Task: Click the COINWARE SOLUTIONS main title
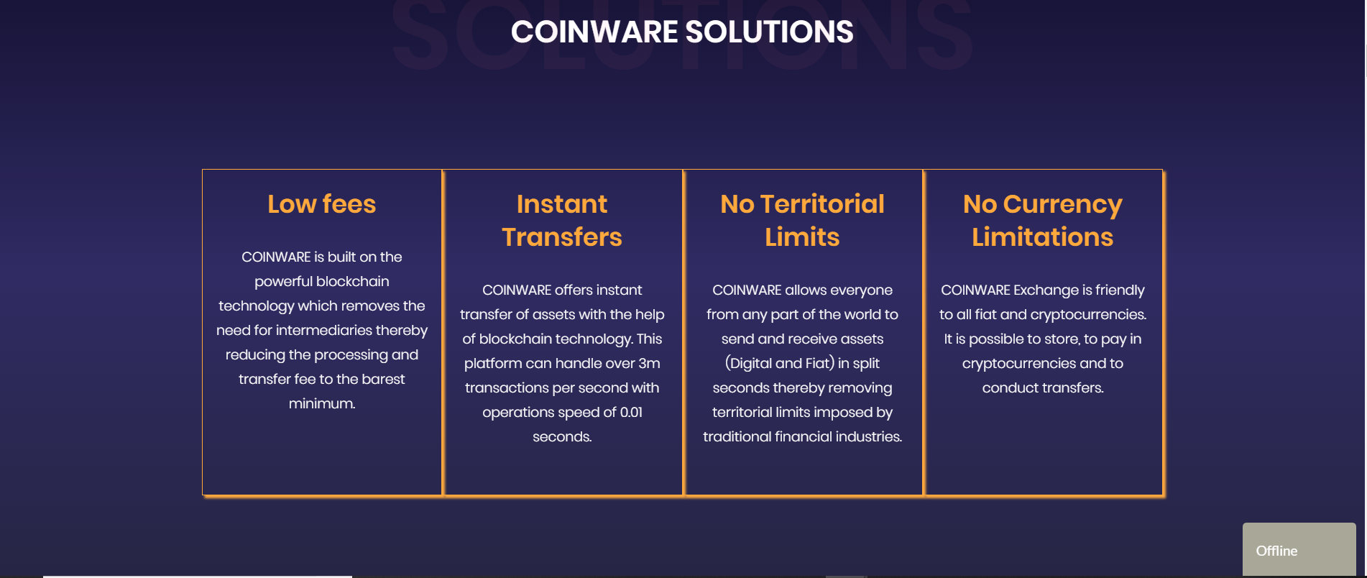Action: point(682,32)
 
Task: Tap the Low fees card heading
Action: point(322,204)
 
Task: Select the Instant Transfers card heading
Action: point(562,221)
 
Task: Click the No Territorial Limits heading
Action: point(802,221)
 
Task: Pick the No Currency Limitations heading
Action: point(1043,221)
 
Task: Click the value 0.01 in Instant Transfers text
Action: point(631,412)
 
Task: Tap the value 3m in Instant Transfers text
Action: point(649,363)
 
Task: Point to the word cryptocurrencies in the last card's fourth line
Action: point(1018,363)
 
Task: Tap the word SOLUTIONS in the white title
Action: point(769,32)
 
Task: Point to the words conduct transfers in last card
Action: point(1043,387)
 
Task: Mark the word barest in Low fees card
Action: point(384,379)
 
